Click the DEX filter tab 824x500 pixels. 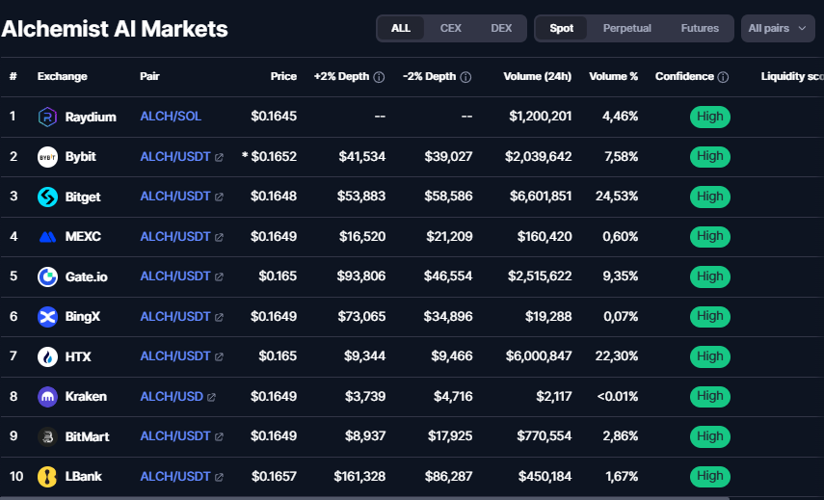(501, 28)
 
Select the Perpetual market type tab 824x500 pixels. (626, 28)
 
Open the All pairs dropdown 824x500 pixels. (778, 28)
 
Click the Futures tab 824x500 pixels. (700, 28)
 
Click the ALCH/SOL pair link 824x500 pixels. (171, 117)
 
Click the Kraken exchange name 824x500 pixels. (86, 396)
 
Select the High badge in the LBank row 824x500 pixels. (709, 476)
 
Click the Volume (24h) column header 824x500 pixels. (537, 76)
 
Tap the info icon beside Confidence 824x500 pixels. (723, 77)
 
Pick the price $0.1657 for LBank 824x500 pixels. (274, 476)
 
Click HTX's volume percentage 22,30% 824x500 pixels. (615, 356)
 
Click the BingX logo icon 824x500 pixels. (47, 316)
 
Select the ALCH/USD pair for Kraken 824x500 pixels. (172, 396)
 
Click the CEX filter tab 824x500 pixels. (451, 28)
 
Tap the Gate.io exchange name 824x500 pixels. (87, 276)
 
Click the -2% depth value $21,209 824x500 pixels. (446, 236)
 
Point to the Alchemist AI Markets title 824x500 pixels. (115, 29)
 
